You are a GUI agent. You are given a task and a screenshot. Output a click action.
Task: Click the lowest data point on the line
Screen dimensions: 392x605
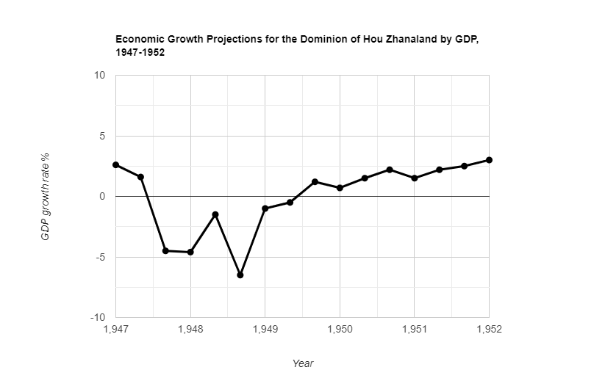(x=240, y=275)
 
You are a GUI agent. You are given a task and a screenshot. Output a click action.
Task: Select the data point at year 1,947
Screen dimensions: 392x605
(x=116, y=164)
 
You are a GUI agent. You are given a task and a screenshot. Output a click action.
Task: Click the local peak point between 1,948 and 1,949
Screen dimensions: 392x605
(x=215, y=214)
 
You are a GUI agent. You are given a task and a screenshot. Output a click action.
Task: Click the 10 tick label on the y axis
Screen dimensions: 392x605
(x=100, y=76)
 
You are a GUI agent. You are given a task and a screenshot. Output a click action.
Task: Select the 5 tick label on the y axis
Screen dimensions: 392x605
(x=102, y=137)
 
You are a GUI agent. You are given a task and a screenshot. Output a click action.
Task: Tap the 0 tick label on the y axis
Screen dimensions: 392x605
(x=102, y=197)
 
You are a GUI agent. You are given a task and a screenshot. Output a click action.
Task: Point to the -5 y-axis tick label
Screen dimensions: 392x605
(x=100, y=258)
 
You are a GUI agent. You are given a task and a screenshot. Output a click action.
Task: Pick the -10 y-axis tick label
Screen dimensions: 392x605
(x=98, y=318)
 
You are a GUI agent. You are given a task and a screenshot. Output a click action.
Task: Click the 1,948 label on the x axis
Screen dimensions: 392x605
(x=190, y=330)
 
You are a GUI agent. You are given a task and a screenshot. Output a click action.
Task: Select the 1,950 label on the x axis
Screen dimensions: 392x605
(x=340, y=330)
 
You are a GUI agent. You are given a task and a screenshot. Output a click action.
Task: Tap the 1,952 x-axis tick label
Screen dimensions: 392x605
(x=489, y=330)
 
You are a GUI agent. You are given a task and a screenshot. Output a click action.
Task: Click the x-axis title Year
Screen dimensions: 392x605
(x=303, y=363)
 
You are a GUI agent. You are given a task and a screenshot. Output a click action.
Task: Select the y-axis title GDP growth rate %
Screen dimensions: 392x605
(x=45, y=197)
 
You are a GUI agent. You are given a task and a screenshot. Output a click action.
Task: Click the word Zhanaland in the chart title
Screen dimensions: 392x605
(x=404, y=40)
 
